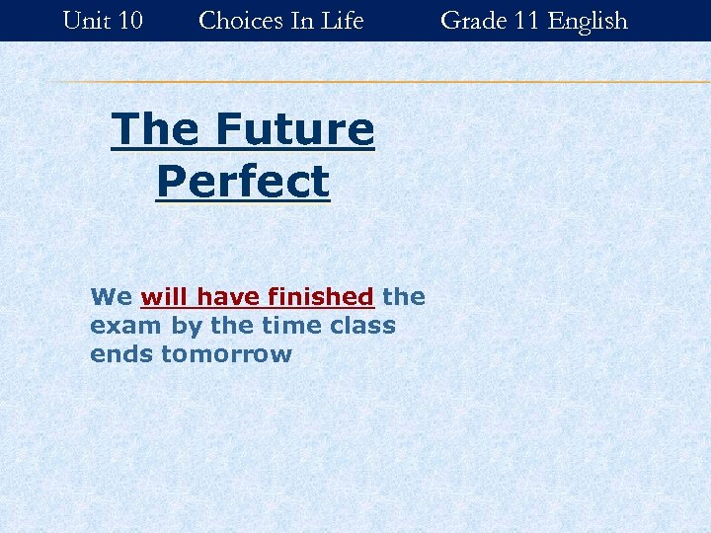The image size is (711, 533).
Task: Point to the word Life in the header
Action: pos(342,20)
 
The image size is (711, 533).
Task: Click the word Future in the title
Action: pos(293,129)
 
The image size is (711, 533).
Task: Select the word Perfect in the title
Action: pos(243,181)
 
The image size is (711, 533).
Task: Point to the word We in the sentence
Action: pos(111,296)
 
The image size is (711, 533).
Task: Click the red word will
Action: pos(165,296)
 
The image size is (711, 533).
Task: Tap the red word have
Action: pos(224,296)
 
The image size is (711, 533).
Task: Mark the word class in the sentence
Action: pos(364,325)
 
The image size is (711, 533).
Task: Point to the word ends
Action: pos(121,353)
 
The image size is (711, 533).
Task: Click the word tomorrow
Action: pos(226,353)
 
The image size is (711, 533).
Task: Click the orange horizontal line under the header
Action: pos(375,82)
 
